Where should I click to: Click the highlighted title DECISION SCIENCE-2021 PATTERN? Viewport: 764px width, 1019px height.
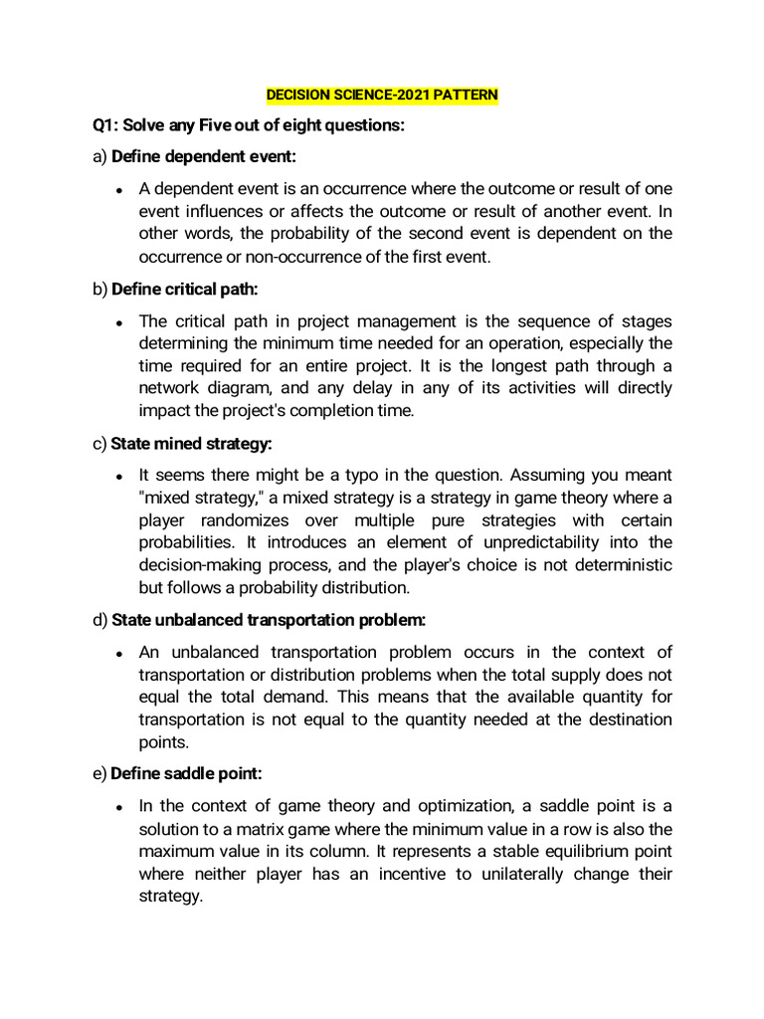pyautogui.click(x=382, y=96)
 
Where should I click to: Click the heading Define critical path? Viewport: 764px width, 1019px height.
pyautogui.click(x=191, y=290)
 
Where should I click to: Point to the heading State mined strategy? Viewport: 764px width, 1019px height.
pyautogui.click(x=191, y=444)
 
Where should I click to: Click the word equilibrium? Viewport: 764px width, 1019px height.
pyautogui.click(x=540, y=851)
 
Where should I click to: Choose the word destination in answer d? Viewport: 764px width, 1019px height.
pyautogui.click(x=625, y=718)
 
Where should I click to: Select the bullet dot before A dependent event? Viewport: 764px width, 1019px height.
pyautogui.click(x=119, y=190)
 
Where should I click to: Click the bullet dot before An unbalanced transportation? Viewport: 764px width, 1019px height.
pyautogui.click(x=119, y=654)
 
